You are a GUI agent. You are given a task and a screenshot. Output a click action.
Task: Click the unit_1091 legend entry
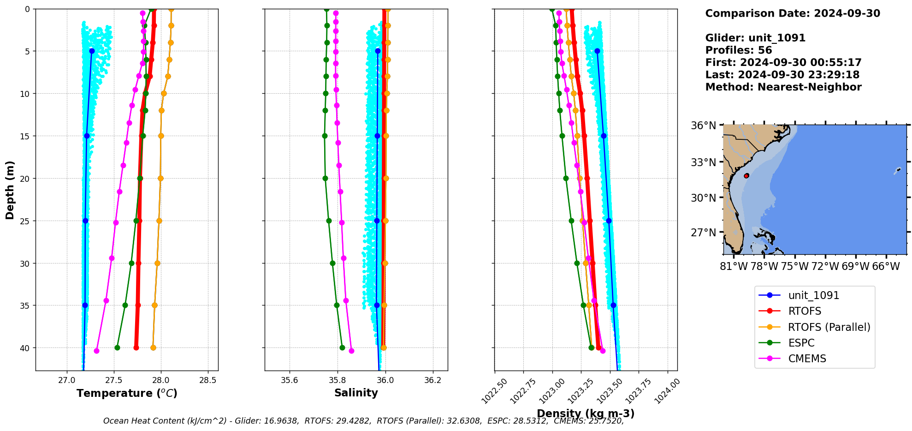813,295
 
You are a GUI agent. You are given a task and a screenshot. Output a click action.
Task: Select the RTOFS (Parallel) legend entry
829,327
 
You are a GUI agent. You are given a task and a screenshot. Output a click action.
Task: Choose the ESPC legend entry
801,343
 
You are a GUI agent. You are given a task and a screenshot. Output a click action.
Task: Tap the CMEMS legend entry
807,359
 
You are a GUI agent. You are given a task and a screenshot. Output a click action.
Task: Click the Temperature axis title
127,393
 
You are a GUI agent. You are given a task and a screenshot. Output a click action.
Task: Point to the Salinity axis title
356,393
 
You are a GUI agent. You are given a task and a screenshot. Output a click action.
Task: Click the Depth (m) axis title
10,190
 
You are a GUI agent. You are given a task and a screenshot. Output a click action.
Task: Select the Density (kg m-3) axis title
586,413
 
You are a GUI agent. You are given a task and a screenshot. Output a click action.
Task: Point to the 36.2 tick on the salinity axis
432,380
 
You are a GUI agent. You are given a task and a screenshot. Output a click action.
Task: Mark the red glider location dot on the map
746,176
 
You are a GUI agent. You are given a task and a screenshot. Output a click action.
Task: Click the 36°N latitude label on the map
703,126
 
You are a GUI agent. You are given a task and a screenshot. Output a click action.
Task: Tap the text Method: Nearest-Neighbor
783,87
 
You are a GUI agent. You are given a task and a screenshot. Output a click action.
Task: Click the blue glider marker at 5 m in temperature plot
92,51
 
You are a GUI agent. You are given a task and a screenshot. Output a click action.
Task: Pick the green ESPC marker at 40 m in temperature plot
117,347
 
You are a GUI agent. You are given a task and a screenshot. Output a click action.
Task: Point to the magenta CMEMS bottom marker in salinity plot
351,351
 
